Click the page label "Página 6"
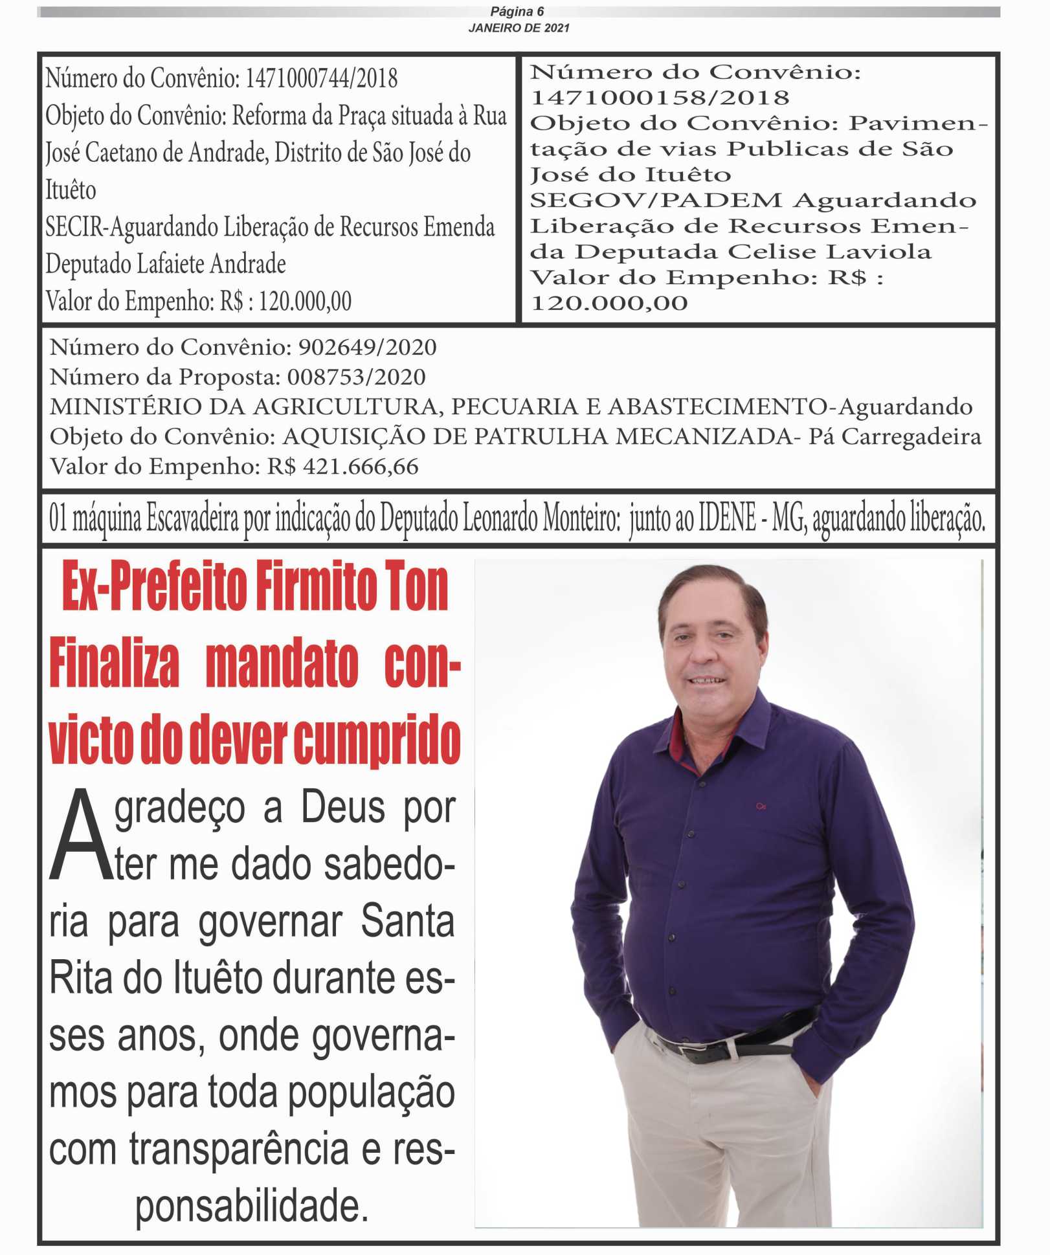(517, 12)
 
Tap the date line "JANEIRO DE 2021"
(519, 28)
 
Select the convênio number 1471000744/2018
(322, 78)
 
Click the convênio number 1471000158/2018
(660, 98)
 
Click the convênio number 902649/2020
(367, 348)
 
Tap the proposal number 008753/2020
(356, 377)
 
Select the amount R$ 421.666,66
(343, 467)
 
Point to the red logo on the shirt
(761, 806)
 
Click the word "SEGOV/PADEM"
(656, 201)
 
